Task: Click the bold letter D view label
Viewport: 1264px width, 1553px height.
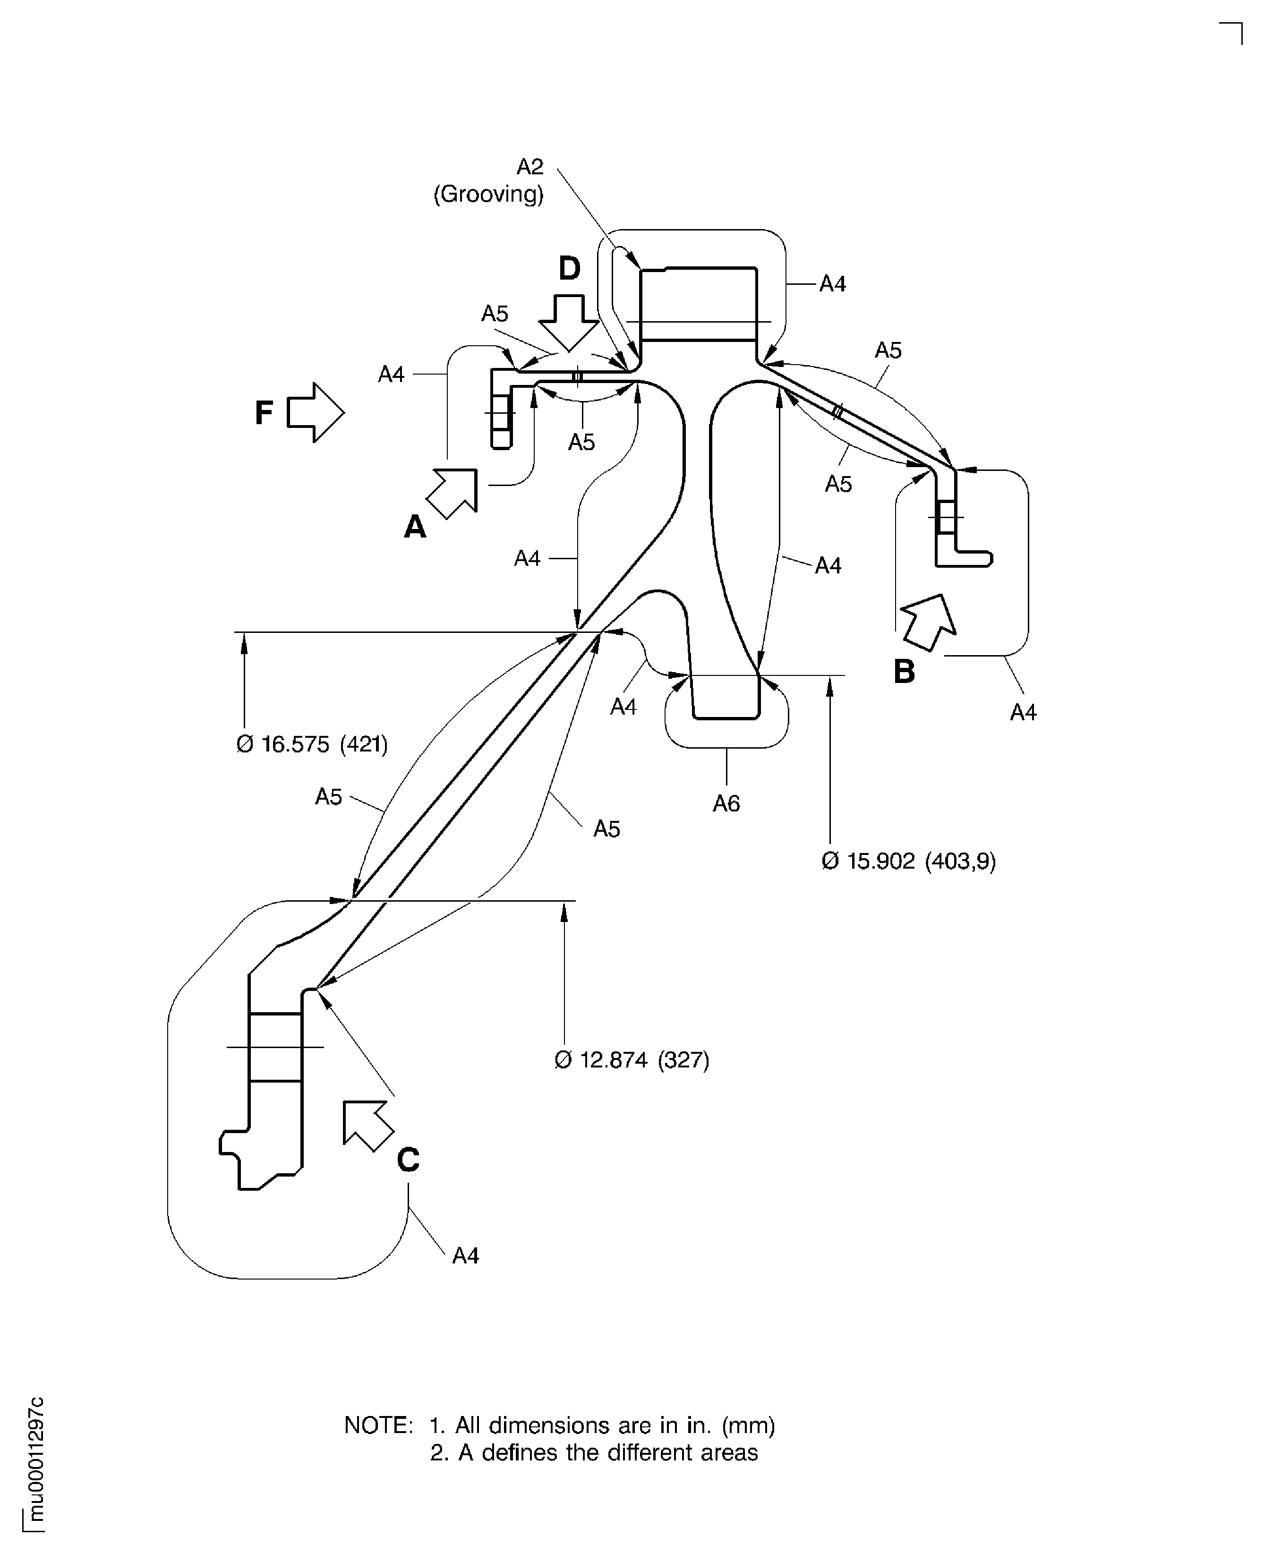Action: point(569,269)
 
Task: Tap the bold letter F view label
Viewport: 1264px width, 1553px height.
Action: point(264,413)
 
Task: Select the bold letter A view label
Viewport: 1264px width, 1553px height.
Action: point(415,526)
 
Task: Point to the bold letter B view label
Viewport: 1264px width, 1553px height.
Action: point(905,671)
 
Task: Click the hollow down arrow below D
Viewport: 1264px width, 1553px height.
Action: point(569,323)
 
